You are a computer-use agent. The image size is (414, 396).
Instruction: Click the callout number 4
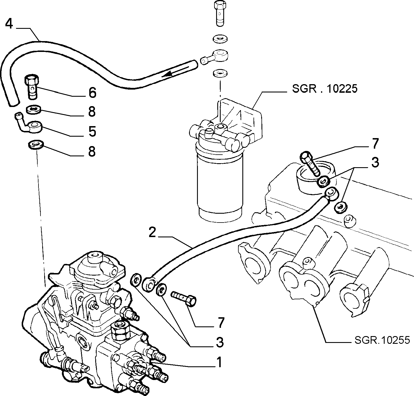click(x=9, y=24)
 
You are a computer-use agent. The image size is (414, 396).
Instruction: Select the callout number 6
click(x=92, y=93)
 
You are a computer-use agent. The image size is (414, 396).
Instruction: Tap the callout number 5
click(x=92, y=131)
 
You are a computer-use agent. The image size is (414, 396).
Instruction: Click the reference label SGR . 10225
click(x=325, y=88)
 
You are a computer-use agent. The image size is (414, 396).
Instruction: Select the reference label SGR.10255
click(x=382, y=340)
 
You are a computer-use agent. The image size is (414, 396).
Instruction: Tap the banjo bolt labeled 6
click(x=32, y=87)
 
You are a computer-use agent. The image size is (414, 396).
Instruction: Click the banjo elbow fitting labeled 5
click(x=30, y=125)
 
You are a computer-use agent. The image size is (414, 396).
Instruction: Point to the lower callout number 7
click(x=221, y=323)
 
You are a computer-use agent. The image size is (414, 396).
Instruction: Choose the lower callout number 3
click(x=220, y=342)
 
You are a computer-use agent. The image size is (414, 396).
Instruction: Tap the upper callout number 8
click(x=92, y=112)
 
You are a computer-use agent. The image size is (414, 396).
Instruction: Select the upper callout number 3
click(x=375, y=162)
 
